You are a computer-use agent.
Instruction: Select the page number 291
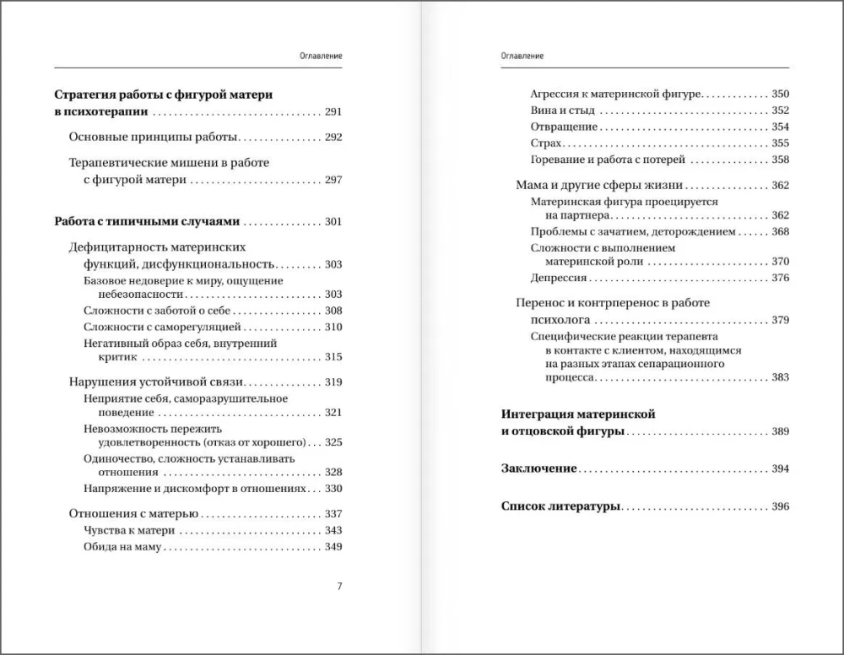[x=333, y=111]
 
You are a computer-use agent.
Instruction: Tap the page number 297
[x=333, y=180]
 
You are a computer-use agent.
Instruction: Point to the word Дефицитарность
[x=113, y=247]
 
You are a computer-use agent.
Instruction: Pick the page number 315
[x=333, y=357]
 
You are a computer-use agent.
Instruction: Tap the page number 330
[x=333, y=489]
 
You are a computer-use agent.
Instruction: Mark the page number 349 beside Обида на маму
[x=333, y=547]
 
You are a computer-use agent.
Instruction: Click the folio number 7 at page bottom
[x=339, y=587]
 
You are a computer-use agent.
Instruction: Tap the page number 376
[x=780, y=278]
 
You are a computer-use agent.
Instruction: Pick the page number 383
[x=780, y=377]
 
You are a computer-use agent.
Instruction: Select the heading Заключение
[x=538, y=468]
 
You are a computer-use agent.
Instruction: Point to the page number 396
[x=780, y=506]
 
